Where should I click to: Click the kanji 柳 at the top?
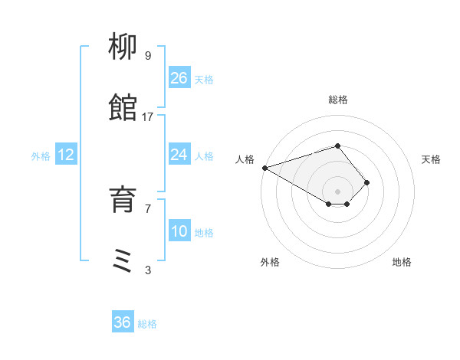click(123, 49)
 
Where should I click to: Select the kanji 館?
click(123, 109)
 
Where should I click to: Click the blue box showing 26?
click(179, 78)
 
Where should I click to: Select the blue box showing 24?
click(179, 155)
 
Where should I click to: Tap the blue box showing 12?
click(66, 155)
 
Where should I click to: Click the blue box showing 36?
click(123, 322)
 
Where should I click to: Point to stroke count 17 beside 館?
click(148, 116)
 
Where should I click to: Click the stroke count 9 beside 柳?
click(148, 56)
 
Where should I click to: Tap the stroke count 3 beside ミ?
click(148, 270)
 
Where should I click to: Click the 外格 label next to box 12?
click(41, 155)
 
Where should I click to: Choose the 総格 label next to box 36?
click(147, 323)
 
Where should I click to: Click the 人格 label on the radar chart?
click(245, 159)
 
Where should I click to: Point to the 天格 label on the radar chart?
click(431, 159)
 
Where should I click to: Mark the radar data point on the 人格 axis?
click(264, 168)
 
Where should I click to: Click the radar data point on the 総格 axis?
click(337, 146)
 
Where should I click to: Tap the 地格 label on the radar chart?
click(402, 262)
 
